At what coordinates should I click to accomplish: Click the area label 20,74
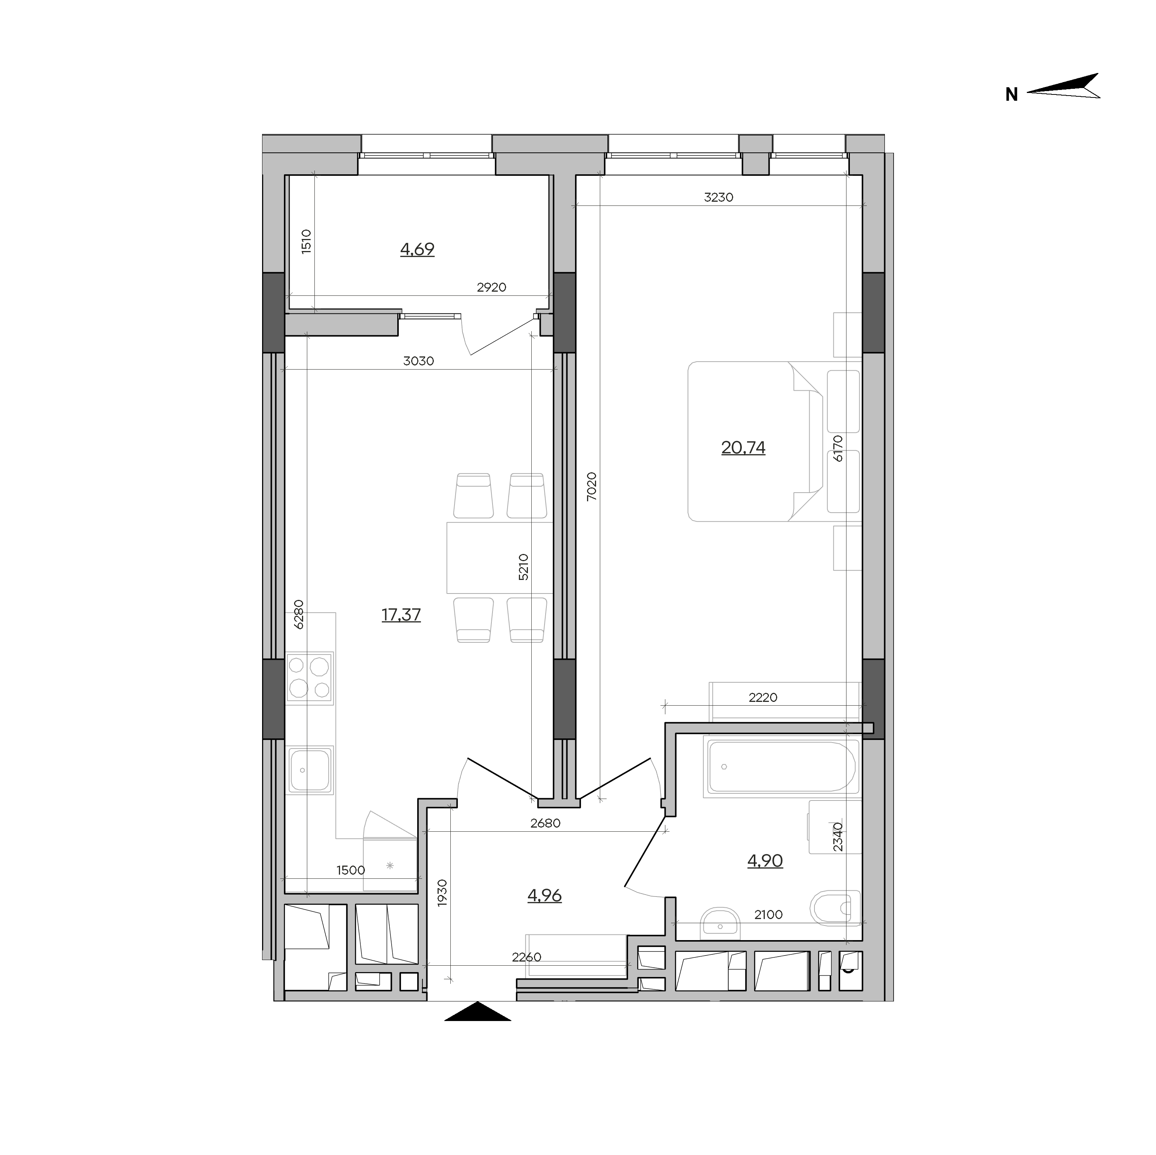[743, 447]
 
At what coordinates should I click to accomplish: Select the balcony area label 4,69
[417, 249]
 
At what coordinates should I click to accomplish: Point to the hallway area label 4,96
[544, 895]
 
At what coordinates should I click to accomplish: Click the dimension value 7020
[591, 486]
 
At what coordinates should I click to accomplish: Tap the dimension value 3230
[718, 197]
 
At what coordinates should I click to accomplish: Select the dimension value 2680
[545, 823]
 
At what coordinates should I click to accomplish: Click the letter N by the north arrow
[1011, 94]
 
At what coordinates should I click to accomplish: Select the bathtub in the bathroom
[782, 767]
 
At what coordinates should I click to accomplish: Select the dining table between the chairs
[500, 557]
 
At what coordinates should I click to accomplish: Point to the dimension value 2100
[768, 915]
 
